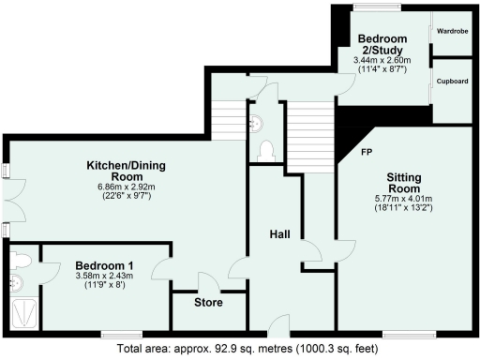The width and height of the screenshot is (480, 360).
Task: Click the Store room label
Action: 208,303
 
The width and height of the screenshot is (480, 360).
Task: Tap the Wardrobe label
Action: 451,31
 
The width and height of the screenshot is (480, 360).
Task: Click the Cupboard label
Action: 451,82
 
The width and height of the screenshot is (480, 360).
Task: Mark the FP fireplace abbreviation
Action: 367,150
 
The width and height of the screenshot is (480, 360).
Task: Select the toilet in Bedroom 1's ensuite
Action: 22,258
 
